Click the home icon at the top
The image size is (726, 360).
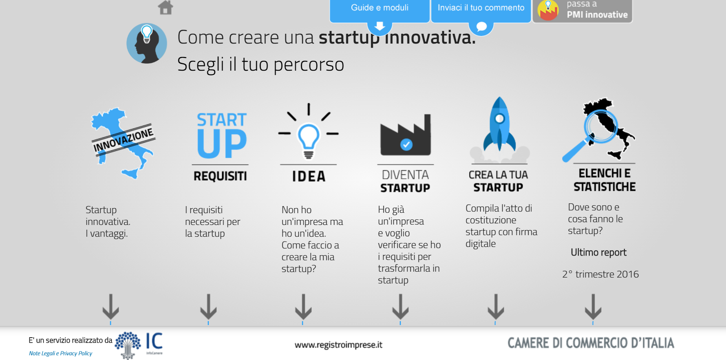click(x=165, y=7)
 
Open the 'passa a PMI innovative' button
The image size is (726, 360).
click(x=582, y=11)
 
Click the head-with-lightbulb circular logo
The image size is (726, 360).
click(x=146, y=43)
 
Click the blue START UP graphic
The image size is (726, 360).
click(x=222, y=135)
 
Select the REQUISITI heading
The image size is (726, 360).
click(x=220, y=176)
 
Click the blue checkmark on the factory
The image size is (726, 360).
click(x=406, y=144)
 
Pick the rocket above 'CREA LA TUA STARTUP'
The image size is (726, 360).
click(x=499, y=125)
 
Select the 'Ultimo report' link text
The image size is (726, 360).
click(x=598, y=252)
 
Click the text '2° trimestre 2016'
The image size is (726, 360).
click(x=600, y=274)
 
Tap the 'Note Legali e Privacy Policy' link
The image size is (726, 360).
click(x=60, y=353)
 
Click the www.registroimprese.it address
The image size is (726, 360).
click(x=338, y=345)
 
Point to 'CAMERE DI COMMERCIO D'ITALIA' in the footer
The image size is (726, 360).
click(x=591, y=343)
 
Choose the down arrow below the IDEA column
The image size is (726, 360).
click(x=303, y=307)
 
